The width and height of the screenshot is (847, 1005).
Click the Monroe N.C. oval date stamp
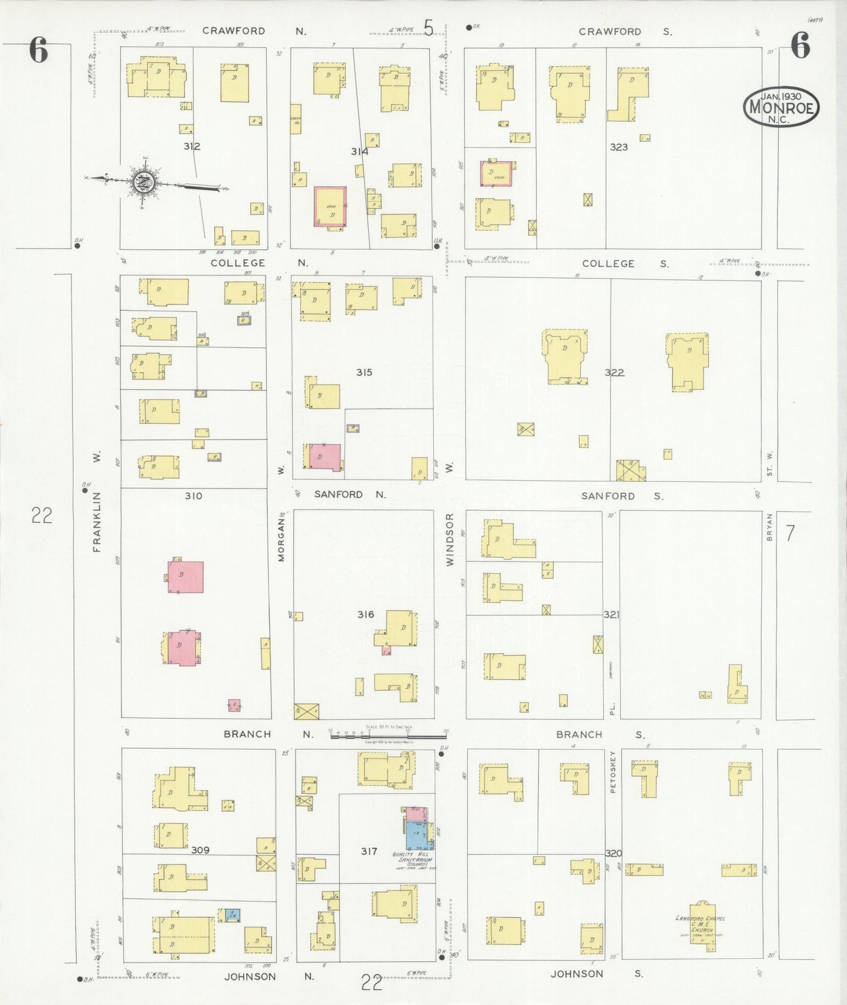coord(781,107)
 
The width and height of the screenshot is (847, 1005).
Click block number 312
coord(192,146)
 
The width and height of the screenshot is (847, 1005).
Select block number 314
coord(359,151)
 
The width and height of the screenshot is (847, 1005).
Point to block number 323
coord(618,147)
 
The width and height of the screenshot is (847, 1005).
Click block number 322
coord(614,372)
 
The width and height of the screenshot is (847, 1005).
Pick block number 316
coord(366,614)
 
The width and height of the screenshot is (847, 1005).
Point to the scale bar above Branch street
coord(388,734)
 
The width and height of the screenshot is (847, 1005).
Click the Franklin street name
coord(97,521)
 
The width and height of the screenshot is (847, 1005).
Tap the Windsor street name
coord(450,539)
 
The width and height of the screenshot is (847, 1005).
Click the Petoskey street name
coord(613,772)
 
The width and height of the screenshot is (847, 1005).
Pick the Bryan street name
coord(770,527)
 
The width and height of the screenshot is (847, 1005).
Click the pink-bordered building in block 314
coord(330,206)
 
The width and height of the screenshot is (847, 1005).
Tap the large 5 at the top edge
coord(428,28)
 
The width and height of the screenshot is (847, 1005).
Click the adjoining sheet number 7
coord(790,534)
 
